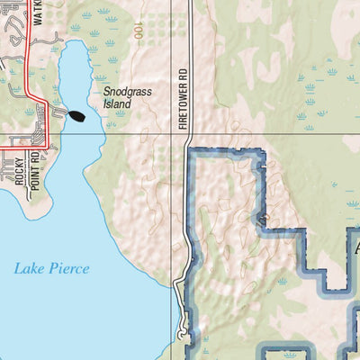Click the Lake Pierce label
click(51, 268)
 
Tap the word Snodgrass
click(122, 92)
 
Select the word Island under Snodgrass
click(116, 104)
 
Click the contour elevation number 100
click(137, 30)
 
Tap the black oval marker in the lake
click(77, 115)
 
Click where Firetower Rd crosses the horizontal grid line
click(187, 133)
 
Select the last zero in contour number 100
click(137, 24)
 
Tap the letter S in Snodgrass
click(104, 92)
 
